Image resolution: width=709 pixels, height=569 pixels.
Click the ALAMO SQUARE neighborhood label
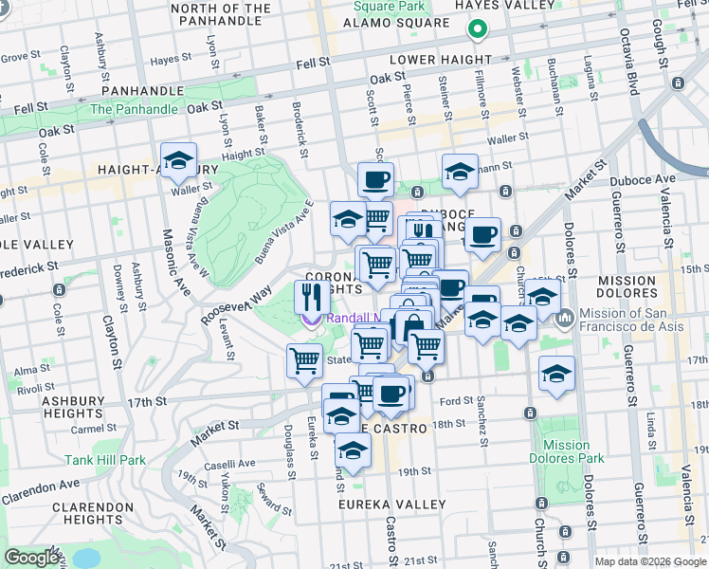click(395, 23)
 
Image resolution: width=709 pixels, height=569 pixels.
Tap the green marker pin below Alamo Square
click(477, 30)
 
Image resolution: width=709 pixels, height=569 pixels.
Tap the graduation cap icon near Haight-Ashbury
click(177, 160)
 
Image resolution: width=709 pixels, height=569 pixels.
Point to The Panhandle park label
click(134, 109)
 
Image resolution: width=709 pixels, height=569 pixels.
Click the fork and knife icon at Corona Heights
click(311, 298)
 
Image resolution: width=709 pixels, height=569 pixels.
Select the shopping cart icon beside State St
click(304, 360)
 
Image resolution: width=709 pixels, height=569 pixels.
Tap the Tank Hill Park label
click(105, 461)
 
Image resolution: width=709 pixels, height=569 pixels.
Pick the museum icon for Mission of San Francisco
click(565, 316)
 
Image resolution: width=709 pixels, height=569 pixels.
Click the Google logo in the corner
click(31, 558)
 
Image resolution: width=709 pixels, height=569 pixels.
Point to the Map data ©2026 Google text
click(648, 561)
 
